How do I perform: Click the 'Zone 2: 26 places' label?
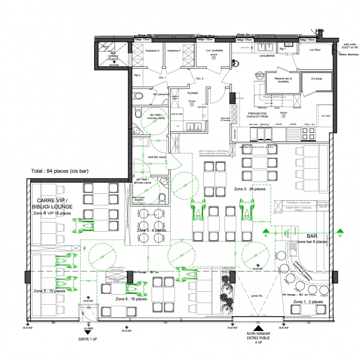[x=250, y=189]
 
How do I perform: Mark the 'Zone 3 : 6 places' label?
[x=151, y=230]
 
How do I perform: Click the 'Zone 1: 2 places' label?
[x=309, y=301]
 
